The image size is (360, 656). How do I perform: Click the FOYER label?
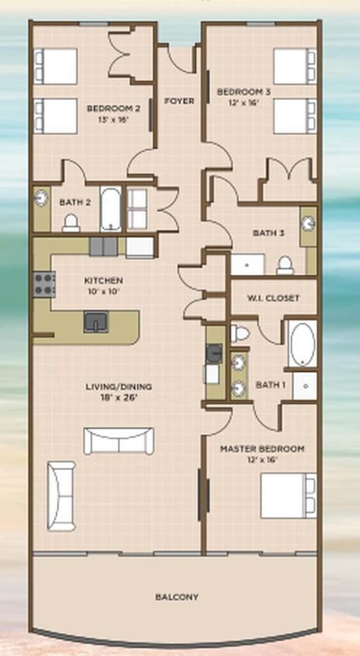(179, 101)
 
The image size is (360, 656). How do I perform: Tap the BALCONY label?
(176, 597)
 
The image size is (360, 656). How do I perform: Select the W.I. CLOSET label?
(273, 298)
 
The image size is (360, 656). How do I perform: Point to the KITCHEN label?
(103, 280)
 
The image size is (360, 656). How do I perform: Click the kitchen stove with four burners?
(45, 285)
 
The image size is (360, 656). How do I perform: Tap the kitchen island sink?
(96, 321)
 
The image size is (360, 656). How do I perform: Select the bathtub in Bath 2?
(111, 209)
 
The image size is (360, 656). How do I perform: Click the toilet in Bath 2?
(71, 222)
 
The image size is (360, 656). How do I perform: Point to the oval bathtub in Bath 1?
(303, 344)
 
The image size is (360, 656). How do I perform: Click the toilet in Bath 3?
(285, 266)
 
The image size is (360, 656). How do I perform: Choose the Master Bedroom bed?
(289, 495)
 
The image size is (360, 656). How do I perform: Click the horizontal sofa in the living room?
(119, 441)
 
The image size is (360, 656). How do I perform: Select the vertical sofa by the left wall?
(61, 496)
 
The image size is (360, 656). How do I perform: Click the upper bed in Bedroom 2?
(55, 66)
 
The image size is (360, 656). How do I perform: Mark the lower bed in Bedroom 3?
(295, 116)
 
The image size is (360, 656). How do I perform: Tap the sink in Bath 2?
(41, 198)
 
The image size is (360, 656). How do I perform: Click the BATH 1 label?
(271, 384)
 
